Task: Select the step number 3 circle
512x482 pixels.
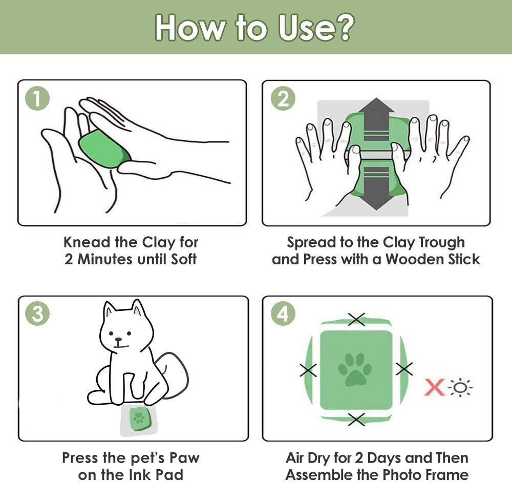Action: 37,313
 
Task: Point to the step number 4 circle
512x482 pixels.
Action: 283,313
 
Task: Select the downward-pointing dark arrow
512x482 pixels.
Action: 376,188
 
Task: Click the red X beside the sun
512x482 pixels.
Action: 435,387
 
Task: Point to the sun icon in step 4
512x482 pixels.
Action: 460,388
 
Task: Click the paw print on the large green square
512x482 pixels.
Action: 355,370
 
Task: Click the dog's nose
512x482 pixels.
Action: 119,340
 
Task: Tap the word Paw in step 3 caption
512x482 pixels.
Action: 184,458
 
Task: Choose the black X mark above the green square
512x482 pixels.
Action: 356,319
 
